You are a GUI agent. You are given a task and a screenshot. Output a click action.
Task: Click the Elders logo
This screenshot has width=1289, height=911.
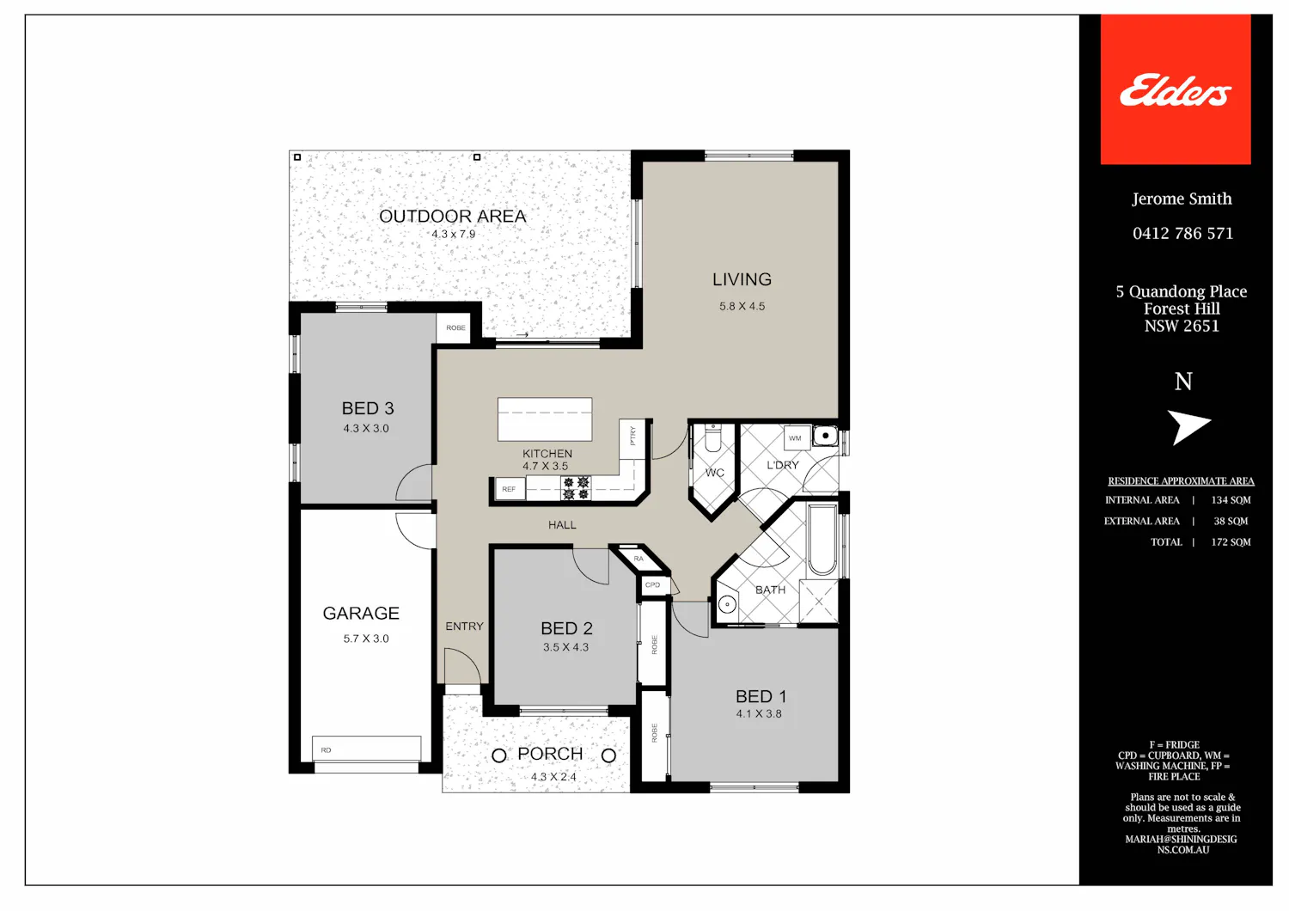[1175, 89]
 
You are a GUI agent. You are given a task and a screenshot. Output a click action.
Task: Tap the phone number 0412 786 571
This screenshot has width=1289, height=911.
[1182, 233]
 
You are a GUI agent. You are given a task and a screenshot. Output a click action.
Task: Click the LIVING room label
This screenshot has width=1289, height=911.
[742, 279]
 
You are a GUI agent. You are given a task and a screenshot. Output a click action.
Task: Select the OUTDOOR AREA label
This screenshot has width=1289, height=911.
[452, 217]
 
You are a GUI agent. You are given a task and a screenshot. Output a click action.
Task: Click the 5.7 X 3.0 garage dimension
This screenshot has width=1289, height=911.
[366, 639]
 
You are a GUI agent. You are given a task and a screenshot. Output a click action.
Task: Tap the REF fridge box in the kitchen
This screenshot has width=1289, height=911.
[510, 489]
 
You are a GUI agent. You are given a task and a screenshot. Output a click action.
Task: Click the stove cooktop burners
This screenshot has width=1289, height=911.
[576, 487]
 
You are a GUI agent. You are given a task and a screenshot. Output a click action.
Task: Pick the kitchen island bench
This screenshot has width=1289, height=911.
[545, 419]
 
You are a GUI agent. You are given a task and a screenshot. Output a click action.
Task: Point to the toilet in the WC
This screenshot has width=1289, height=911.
[713, 438]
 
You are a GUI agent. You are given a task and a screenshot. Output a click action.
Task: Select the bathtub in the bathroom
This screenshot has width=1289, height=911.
[822, 540]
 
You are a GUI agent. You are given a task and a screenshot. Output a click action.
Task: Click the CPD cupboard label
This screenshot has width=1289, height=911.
[652, 584]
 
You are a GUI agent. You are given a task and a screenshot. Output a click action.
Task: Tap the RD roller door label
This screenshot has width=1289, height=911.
[327, 750]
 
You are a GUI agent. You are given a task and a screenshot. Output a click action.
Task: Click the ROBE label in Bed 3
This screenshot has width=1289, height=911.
[455, 327]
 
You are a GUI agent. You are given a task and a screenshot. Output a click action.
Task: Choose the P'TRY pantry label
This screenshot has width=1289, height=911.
[632, 436]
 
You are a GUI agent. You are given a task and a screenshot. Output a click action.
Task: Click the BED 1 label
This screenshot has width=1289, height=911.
[761, 696]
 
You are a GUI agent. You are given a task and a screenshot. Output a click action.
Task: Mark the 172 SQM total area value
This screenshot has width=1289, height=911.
[1231, 541]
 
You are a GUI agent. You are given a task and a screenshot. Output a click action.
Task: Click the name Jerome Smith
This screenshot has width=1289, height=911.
[1182, 199]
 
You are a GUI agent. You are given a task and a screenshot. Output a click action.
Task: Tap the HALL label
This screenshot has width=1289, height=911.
[562, 525]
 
